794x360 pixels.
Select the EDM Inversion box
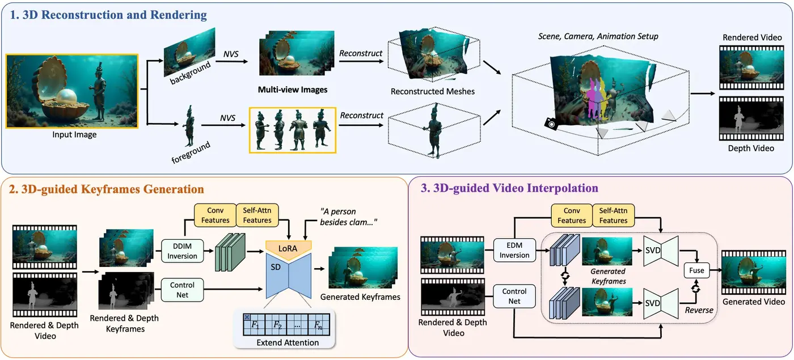pyautogui.click(x=514, y=249)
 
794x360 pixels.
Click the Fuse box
pyautogui.click(x=696, y=270)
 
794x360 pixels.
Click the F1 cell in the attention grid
pyautogui.click(x=254, y=325)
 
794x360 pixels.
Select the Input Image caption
pyautogui.click(x=74, y=135)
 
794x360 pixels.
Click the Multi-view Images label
pyautogui.click(x=293, y=90)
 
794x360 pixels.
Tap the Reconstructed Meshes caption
pyautogui.click(x=433, y=91)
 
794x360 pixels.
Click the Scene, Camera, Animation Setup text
pyautogui.click(x=598, y=36)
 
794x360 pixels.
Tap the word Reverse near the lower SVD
pyautogui.click(x=698, y=310)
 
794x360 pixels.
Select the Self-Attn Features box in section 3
pyautogui.click(x=613, y=215)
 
